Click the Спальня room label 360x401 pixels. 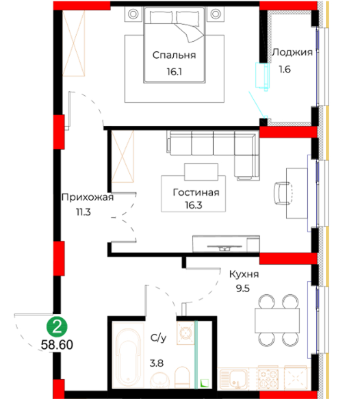tap(174, 55)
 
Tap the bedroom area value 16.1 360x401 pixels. tap(175, 72)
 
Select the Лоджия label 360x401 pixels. tap(292, 53)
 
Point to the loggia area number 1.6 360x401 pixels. tap(285, 69)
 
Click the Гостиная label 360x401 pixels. tap(196, 192)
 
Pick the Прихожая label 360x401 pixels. tap(88, 198)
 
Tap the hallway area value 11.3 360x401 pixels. tap(83, 212)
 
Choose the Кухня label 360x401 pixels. tap(244, 274)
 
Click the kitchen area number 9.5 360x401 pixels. tap(242, 289)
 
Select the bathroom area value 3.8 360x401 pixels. tap(157, 363)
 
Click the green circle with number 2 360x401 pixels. tap(57, 326)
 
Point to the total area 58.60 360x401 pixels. tap(57, 345)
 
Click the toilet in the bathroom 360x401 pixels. tap(182, 377)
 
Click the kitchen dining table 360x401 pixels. tap(277, 320)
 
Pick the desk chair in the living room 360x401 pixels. tap(283, 194)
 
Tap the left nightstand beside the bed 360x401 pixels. tap(133, 14)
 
